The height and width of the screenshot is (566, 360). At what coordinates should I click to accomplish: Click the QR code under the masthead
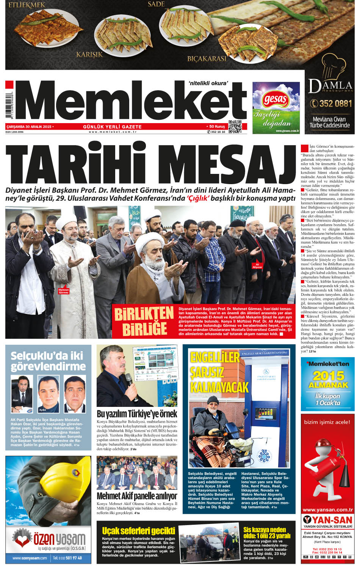235,127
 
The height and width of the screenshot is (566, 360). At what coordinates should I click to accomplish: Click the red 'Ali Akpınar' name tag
257,266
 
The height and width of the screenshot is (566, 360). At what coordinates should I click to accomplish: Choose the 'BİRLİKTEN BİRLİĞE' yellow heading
144,321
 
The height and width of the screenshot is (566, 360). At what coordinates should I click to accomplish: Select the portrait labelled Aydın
49,394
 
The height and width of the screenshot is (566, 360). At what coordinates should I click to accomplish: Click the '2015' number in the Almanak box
328,375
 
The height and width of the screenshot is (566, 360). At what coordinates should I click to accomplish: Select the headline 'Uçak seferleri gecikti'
139,531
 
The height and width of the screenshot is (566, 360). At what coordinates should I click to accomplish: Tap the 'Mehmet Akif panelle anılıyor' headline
137,496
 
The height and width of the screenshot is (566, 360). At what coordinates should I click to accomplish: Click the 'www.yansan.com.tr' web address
328,510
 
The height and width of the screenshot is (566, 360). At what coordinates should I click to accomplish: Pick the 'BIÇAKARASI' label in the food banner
207,59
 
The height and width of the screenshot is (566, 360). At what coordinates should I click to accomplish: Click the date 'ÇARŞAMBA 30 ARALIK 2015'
29,127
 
